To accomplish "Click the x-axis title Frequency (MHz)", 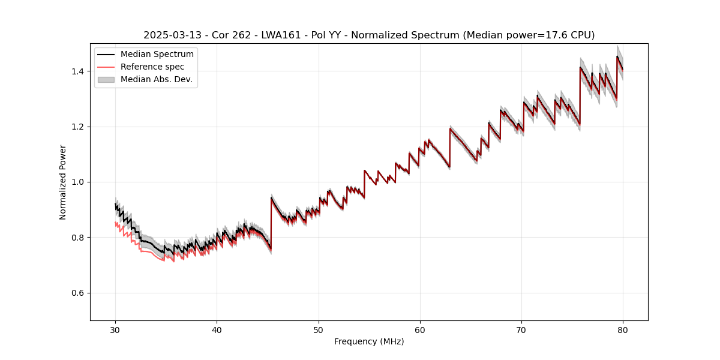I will (369, 341).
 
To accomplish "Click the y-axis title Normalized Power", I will (63, 182).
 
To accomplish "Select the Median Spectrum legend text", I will (157, 55).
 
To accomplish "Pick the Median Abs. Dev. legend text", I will (157, 79).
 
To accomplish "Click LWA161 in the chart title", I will (281, 35).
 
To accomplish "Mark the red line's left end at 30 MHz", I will (115, 223).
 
